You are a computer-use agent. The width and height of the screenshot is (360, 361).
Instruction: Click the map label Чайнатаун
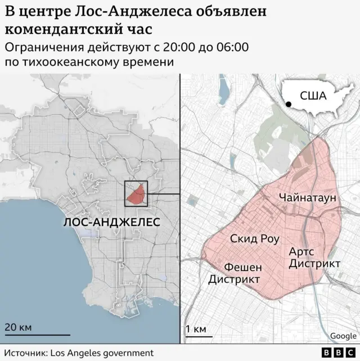pyautogui.click(x=307, y=197)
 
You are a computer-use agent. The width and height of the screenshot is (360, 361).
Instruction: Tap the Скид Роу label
pyautogui.click(x=255, y=238)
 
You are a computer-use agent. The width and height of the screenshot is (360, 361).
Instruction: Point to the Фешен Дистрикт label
pyautogui.click(x=235, y=273)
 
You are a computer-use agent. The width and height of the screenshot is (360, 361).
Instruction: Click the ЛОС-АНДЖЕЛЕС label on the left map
pyautogui.click(x=112, y=222)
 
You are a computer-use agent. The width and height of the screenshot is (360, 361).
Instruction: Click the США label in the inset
pyautogui.click(x=313, y=96)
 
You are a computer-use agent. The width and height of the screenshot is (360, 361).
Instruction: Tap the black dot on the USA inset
pyautogui.click(x=289, y=104)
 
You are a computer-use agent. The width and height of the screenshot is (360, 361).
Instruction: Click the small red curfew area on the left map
pyautogui.click(x=136, y=195)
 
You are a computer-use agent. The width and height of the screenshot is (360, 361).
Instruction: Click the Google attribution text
pyautogui.click(x=343, y=336)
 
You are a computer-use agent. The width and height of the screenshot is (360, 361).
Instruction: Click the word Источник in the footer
pyautogui.click(x=25, y=353)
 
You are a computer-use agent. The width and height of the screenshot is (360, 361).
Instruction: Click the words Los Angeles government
pyautogui.click(x=102, y=353)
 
